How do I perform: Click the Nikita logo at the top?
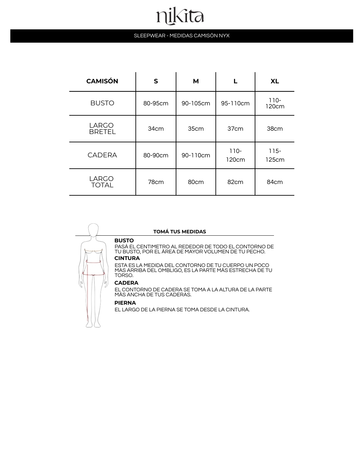(x=180, y=17)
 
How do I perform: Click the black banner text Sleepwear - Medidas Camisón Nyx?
(x=182, y=36)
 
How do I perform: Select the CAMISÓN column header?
(x=102, y=81)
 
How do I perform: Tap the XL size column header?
(x=275, y=81)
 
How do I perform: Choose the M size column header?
(x=196, y=81)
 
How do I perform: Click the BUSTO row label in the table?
(x=102, y=103)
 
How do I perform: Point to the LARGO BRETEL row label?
(x=102, y=129)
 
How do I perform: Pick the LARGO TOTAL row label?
(x=102, y=182)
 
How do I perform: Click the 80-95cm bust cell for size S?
(x=156, y=103)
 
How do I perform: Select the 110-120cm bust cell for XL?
(x=275, y=103)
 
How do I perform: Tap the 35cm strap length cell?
(x=196, y=129)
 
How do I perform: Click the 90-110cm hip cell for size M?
(x=196, y=155)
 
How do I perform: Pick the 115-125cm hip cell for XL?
(x=275, y=155)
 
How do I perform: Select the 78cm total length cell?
(x=156, y=182)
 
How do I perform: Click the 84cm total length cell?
(x=275, y=182)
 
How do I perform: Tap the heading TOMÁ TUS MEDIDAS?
(x=180, y=232)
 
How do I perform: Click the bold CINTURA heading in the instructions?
(x=127, y=258)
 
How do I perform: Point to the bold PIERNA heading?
(x=125, y=303)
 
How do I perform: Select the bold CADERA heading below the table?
(x=126, y=283)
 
